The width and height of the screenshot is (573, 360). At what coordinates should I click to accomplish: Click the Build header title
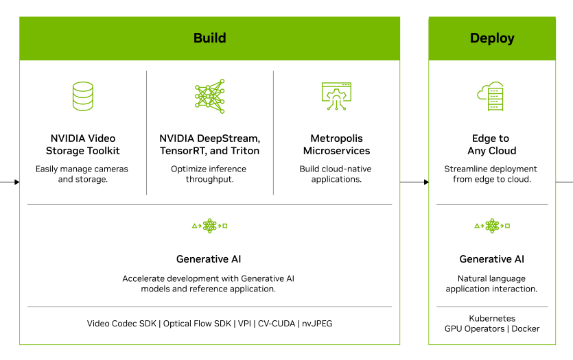(x=210, y=38)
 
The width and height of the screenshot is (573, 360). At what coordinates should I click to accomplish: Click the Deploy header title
(x=492, y=38)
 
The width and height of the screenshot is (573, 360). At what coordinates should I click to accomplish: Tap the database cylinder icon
(x=83, y=96)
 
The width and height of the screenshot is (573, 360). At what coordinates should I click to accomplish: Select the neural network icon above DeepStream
(x=210, y=96)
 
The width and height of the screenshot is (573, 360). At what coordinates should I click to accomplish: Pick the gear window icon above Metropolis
(x=336, y=96)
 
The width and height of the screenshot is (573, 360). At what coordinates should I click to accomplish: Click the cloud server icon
(x=491, y=96)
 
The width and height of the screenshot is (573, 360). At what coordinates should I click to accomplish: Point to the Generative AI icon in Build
(x=210, y=226)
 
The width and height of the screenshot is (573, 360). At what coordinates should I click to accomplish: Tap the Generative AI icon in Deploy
(x=492, y=226)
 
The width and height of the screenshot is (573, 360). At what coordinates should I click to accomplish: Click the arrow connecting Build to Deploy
(x=414, y=182)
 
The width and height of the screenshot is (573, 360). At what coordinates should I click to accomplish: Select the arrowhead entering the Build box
(x=16, y=182)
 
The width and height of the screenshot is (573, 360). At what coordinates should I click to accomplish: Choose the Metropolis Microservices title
(x=336, y=145)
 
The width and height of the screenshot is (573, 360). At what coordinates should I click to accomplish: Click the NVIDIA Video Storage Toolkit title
(x=83, y=145)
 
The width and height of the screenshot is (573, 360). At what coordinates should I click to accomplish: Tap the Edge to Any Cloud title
(x=491, y=145)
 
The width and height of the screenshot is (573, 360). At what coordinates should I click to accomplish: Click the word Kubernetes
(x=492, y=318)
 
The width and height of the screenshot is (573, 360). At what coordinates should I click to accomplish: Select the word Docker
(x=526, y=329)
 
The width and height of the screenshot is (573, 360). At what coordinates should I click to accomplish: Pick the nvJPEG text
(x=317, y=324)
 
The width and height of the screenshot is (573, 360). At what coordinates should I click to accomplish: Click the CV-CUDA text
(x=277, y=324)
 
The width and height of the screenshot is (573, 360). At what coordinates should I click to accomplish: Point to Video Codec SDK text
(x=121, y=324)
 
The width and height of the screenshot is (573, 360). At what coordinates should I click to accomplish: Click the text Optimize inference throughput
(x=209, y=174)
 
